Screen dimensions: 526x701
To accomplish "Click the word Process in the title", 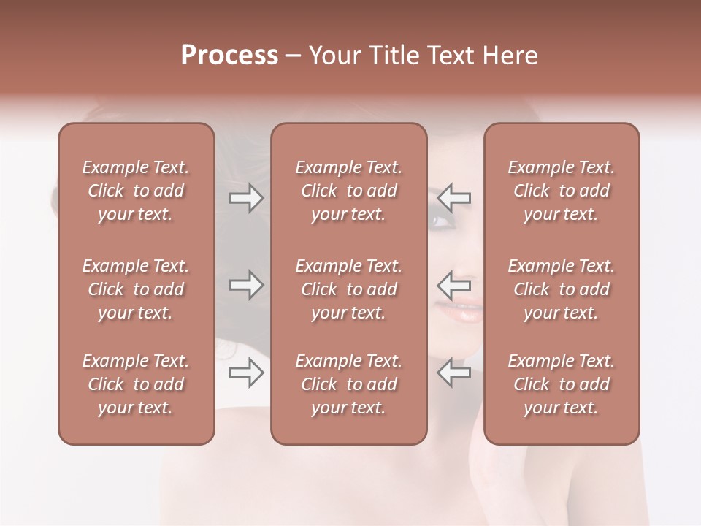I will [x=229, y=56].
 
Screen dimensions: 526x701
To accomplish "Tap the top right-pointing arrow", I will [x=246, y=198].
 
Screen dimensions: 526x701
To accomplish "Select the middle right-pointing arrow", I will [x=246, y=285].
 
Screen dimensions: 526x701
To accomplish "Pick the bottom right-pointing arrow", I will [x=246, y=372].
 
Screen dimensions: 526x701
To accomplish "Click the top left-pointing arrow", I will [x=454, y=198].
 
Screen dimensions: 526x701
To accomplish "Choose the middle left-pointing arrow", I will [x=454, y=285].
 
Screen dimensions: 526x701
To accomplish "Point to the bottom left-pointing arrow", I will [x=454, y=372].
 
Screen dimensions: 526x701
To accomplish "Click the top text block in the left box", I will [x=136, y=191].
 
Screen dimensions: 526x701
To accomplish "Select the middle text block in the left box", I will [x=136, y=289].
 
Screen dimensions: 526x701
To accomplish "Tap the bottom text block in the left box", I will [x=136, y=384].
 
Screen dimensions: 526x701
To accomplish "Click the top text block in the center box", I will [x=349, y=191].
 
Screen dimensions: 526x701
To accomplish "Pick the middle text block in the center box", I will [x=349, y=289].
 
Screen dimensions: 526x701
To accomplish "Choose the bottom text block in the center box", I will [x=349, y=384].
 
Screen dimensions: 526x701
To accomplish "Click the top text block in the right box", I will [x=562, y=191].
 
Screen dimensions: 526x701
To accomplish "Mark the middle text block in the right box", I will [x=562, y=289].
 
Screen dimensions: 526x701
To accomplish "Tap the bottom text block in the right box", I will [x=562, y=384].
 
